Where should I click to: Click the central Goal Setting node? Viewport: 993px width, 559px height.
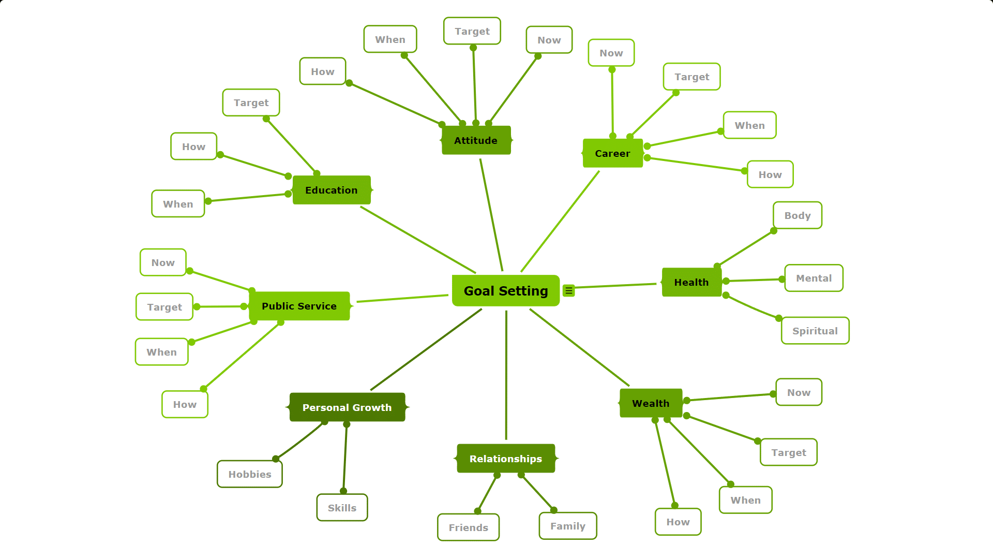506,291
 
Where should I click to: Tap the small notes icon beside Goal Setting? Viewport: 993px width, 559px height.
569,291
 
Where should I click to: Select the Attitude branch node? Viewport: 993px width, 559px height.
476,140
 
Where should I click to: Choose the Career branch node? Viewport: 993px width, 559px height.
612,153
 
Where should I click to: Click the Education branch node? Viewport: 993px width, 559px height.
332,190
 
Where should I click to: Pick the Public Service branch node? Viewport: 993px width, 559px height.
299,306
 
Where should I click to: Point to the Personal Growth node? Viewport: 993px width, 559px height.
347,407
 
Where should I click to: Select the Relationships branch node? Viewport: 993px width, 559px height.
506,459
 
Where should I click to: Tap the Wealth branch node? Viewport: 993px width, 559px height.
651,403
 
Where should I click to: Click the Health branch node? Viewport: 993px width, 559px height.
691,282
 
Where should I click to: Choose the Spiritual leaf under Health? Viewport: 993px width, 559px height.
815,331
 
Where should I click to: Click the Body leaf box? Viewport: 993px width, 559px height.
798,215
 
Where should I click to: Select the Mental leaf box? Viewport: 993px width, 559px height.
814,278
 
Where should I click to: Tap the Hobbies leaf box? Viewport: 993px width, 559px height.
250,474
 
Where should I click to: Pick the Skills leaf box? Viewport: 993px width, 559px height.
342,508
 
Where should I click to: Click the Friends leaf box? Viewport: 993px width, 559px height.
469,527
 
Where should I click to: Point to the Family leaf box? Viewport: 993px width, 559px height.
568,526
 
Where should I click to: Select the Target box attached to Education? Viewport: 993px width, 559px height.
251,102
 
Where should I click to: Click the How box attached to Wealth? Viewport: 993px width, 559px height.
678,522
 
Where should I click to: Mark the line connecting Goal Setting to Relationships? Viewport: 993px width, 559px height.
506,375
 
